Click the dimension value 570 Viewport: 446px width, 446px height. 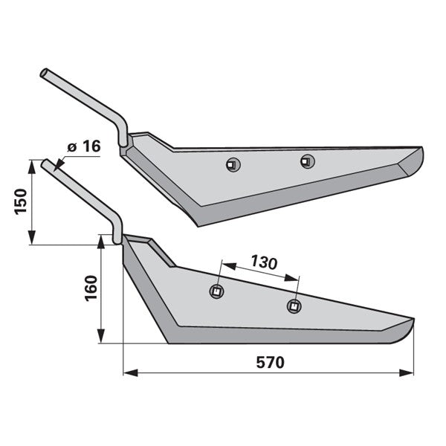coord(271,363)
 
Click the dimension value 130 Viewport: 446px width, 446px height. coord(264,262)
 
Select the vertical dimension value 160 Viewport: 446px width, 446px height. coord(91,288)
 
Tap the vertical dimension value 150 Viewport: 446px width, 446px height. coord(21,201)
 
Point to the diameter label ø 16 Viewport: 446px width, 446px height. coord(84,146)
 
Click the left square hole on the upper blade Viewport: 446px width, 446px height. coord(233,165)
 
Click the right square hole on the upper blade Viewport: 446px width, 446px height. coord(308,161)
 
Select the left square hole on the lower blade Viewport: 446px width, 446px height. coord(216,291)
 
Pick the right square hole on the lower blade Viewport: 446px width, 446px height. coord(294,306)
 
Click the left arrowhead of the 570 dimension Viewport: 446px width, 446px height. coord(130,372)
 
